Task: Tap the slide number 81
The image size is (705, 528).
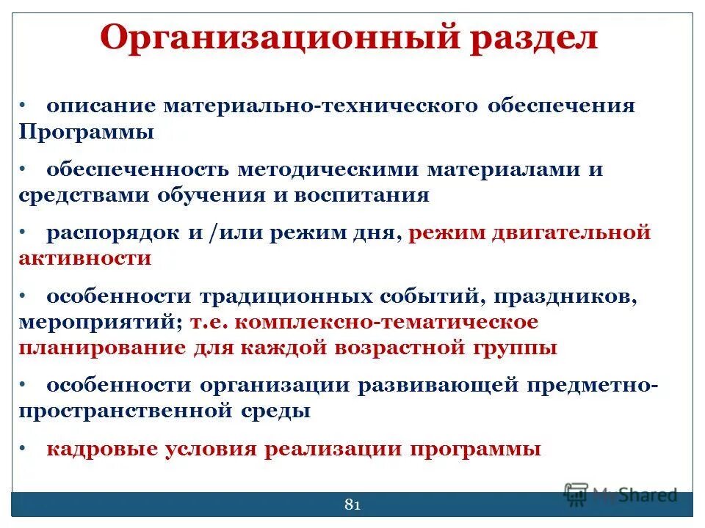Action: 352,505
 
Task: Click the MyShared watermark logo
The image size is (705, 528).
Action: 621,494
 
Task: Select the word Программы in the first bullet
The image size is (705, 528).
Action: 87,132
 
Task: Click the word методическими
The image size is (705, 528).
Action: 329,169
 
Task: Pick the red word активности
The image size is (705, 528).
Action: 85,258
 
